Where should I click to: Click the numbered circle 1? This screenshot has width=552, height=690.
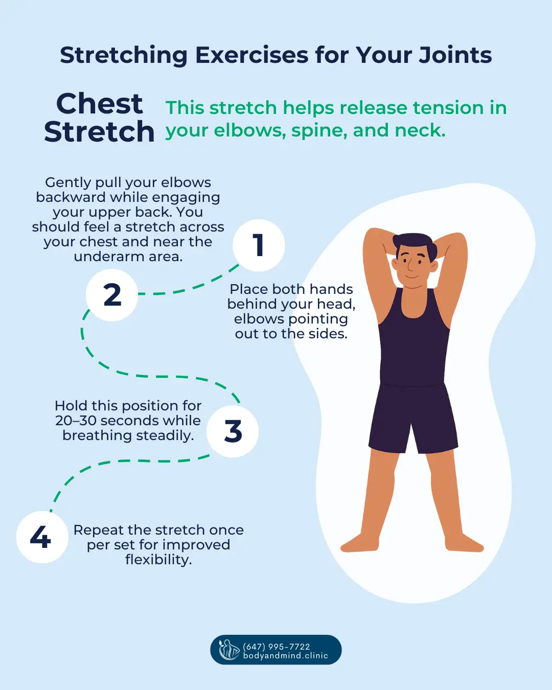coord(259,245)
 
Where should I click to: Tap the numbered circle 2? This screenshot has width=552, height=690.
coord(112,295)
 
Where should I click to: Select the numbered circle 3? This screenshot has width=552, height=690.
coord(233,431)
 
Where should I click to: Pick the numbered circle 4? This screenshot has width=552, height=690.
coord(41,537)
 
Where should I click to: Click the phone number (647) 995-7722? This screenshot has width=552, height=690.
coord(277,647)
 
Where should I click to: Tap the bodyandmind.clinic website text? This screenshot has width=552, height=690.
coord(285,656)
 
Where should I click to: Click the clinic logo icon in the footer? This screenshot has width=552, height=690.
coord(228,650)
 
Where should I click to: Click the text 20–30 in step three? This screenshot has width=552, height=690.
coord(76,421)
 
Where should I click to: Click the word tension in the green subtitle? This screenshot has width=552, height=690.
coord(448,108)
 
